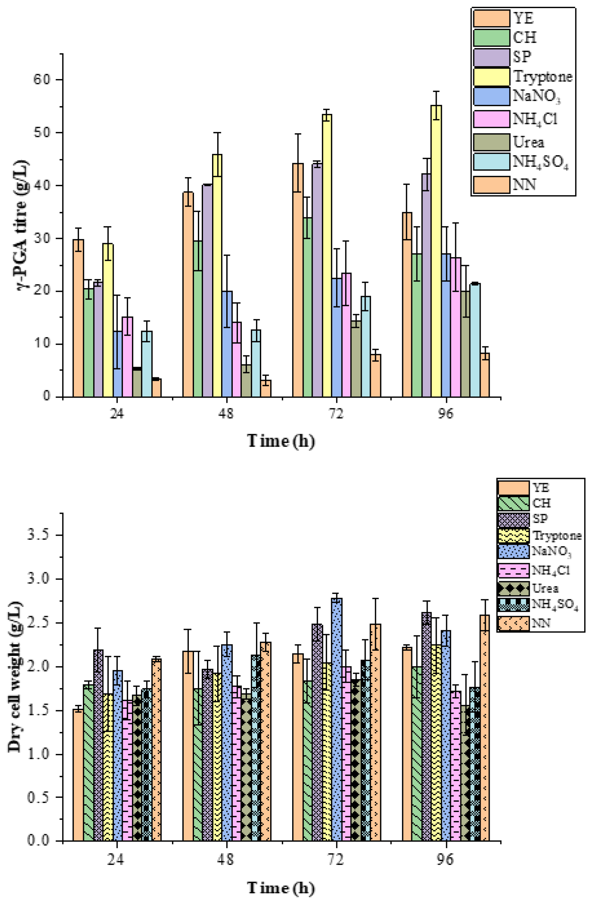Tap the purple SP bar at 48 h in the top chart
coord(207,291)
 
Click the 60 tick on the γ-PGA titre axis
coord(42,80)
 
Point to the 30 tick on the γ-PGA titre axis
coord(42,238)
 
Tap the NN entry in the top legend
coord(525,185)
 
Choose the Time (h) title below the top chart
coord(281,441)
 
